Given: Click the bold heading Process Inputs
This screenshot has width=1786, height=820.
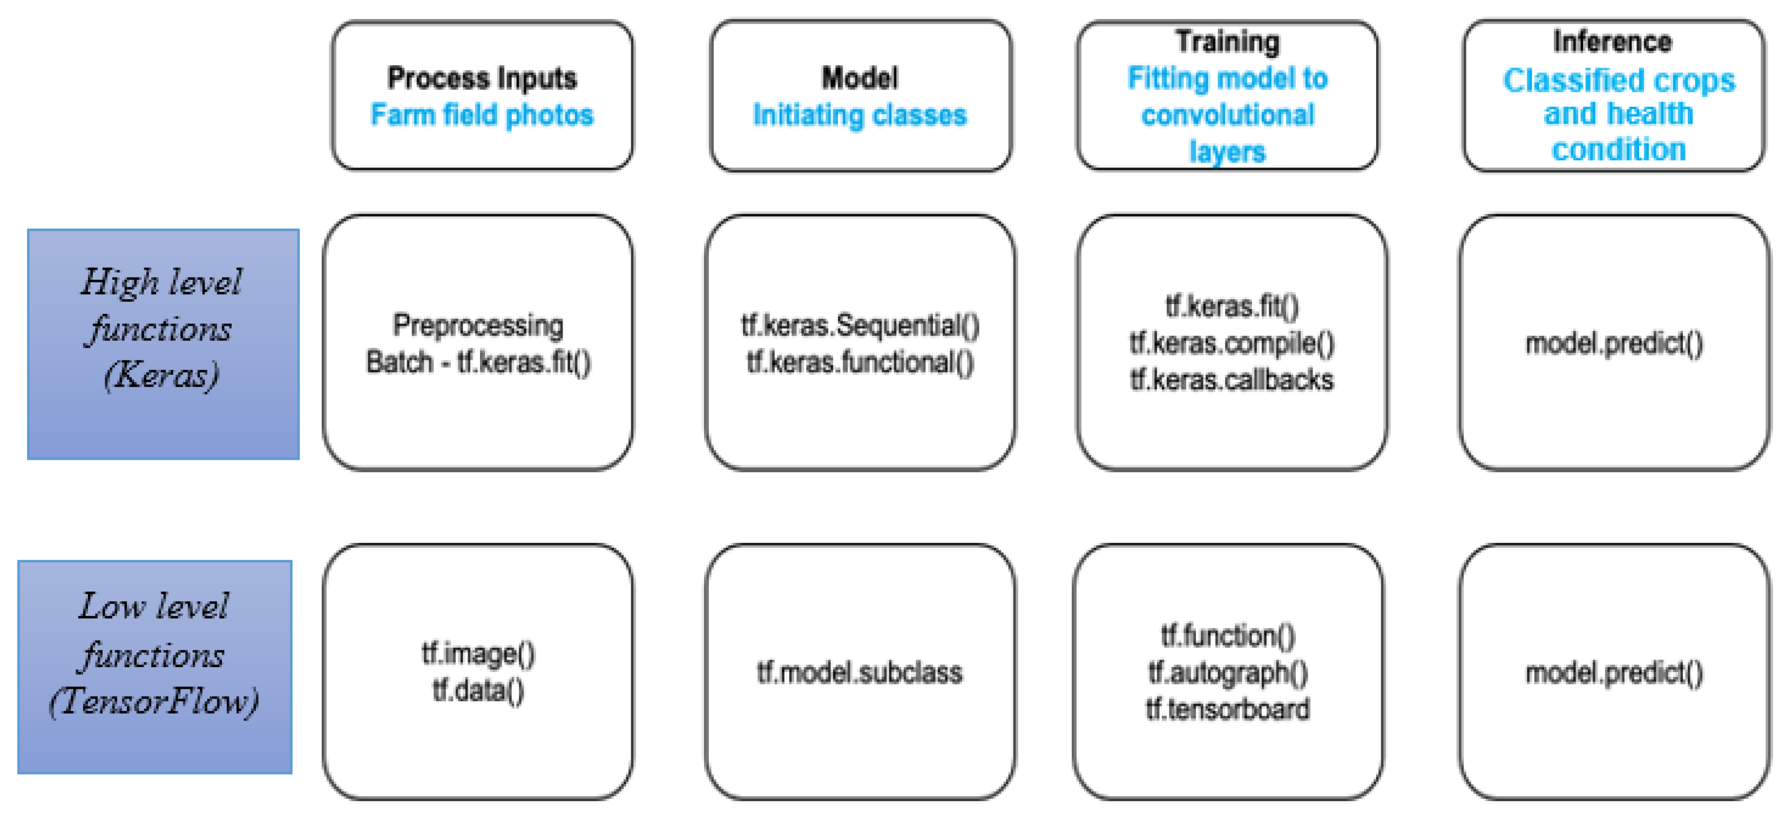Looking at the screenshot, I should [482, 78].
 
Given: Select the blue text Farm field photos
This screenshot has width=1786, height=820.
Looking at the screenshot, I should [482, 115].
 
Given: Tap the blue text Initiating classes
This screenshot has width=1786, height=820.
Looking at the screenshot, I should [860, 115].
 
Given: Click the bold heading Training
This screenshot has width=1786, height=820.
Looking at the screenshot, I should [1227, 42].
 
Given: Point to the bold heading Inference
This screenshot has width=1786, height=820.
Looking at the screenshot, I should [1612, 42].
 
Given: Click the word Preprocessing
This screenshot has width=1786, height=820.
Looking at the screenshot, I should [478, 325].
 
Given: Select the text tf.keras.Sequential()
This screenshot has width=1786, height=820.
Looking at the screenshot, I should [860, 325].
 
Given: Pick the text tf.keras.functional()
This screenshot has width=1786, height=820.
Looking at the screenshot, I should [860, 362].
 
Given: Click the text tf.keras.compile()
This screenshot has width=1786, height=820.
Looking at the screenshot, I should [1232, 344].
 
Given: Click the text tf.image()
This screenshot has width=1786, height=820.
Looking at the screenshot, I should [478, 654].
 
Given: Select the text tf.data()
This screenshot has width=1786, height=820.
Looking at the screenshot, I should [478, 690].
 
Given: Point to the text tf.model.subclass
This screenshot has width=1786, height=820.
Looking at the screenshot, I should [860, 672].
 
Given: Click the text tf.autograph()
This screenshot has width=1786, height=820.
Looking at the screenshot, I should [1228, 672].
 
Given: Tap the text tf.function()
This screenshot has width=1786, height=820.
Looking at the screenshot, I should [1228, 635].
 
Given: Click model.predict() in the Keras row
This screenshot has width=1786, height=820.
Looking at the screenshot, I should [1614, 344].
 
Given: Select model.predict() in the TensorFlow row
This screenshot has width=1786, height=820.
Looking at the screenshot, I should [1614, 672].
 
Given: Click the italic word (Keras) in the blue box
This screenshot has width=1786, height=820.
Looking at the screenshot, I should [161, 375].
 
